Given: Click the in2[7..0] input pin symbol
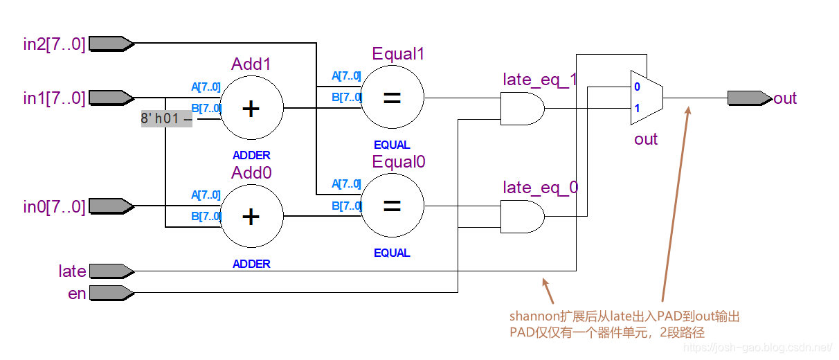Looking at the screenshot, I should (111, 44).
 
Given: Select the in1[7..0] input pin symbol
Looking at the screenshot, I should (111, 98).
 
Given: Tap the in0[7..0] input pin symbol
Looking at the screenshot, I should (111, 206).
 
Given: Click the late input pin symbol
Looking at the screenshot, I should (111, 271).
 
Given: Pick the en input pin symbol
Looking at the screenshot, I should (111, 293).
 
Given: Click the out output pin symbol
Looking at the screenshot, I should (750, 98).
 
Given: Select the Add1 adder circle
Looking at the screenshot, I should (251, 108).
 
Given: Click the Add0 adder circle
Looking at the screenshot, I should (251, 216).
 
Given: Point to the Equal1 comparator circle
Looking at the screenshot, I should (393, 98).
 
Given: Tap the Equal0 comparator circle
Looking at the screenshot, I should (393, 206).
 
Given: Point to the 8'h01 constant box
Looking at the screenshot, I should (165, 118).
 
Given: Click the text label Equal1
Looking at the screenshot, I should (398, 54).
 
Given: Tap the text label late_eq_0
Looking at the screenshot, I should (541, 187).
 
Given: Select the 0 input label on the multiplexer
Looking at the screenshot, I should (637, 87).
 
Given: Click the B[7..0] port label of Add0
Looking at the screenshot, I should (206, 216).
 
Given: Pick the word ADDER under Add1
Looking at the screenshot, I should (251, 156).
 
